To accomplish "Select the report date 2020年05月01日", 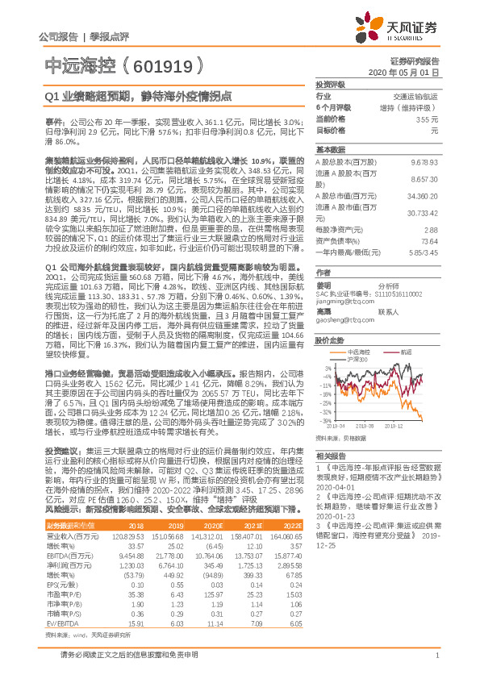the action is (408, 72).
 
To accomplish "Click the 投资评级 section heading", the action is (330, 84).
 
